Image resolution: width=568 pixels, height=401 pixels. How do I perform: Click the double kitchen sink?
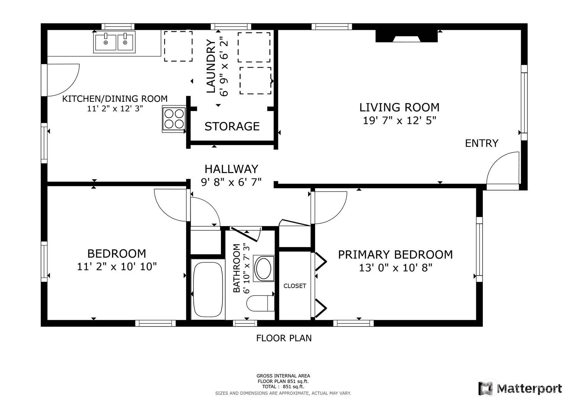114,42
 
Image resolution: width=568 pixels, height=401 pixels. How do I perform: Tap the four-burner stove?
174,119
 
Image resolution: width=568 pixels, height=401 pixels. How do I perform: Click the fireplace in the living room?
406,36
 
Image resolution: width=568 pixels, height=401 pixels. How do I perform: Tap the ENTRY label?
481,143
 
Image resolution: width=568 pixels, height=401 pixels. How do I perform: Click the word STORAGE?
232,126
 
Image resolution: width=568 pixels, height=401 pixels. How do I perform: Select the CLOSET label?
295,286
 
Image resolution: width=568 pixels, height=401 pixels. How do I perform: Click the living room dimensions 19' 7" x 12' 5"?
399,121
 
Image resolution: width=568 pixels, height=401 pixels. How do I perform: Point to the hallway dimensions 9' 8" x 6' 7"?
231,182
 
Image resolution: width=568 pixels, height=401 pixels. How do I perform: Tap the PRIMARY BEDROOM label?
395,255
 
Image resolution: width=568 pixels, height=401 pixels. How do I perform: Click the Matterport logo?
520,388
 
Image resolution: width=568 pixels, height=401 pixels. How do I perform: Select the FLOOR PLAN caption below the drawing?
283,338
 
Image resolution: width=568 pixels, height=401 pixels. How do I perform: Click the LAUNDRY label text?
211,66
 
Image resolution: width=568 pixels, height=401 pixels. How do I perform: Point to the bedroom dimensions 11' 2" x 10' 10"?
117,267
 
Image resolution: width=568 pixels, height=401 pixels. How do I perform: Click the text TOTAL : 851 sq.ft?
283,387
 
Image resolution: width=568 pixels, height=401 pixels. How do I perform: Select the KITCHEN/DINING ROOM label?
115,99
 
